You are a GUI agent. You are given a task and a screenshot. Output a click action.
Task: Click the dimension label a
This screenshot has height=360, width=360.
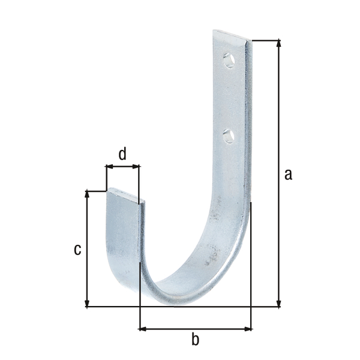[288, 175]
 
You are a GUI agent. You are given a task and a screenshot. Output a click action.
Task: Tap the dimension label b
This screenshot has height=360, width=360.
[195, 340]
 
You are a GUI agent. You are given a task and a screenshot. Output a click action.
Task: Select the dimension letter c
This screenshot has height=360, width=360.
[77, 249]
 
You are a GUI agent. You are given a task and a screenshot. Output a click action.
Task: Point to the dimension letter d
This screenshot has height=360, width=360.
[122, 154]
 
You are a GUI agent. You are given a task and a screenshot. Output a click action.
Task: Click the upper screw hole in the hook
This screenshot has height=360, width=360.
[229, 60]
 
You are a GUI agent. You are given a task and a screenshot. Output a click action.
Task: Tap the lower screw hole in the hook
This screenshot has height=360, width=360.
[228, 136]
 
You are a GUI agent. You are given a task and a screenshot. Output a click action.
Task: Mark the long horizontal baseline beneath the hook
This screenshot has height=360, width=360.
[180, 307]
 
